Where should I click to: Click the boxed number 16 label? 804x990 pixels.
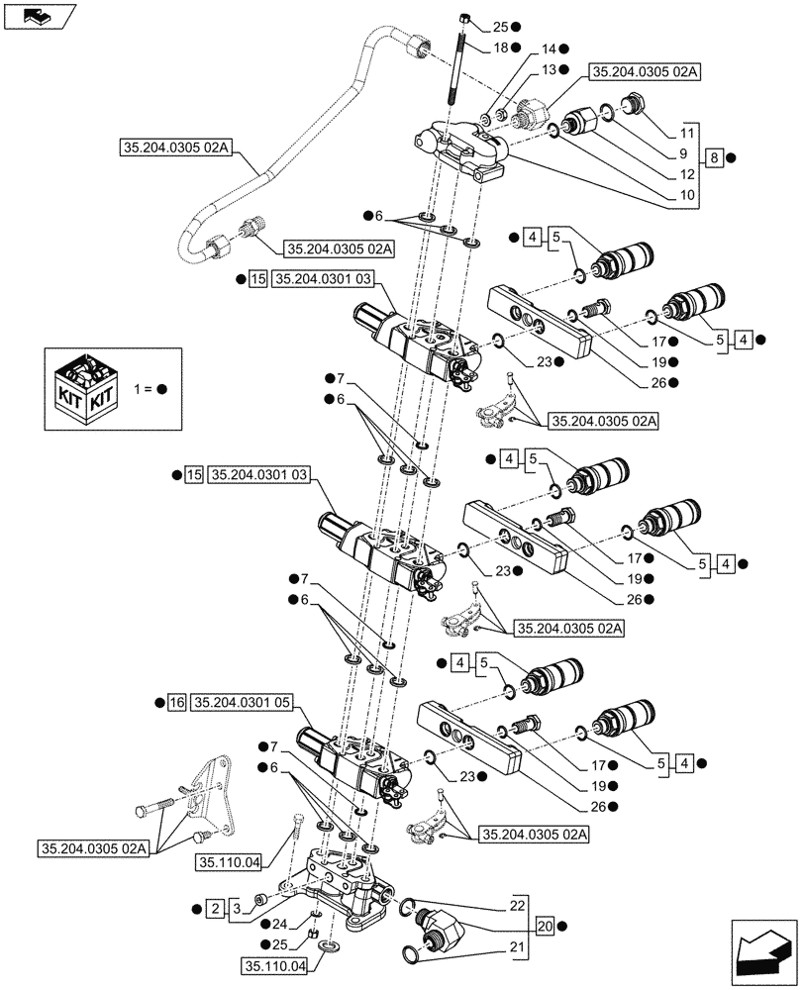pyautogui.click(x=177, y=702)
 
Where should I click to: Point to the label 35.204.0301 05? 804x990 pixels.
pyautogui.click(x=243, y=702)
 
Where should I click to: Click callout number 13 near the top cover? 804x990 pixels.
pyautogui.click(x=548, y=69)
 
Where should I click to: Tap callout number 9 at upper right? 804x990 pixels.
pyautogui.click(x=683, y=154)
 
